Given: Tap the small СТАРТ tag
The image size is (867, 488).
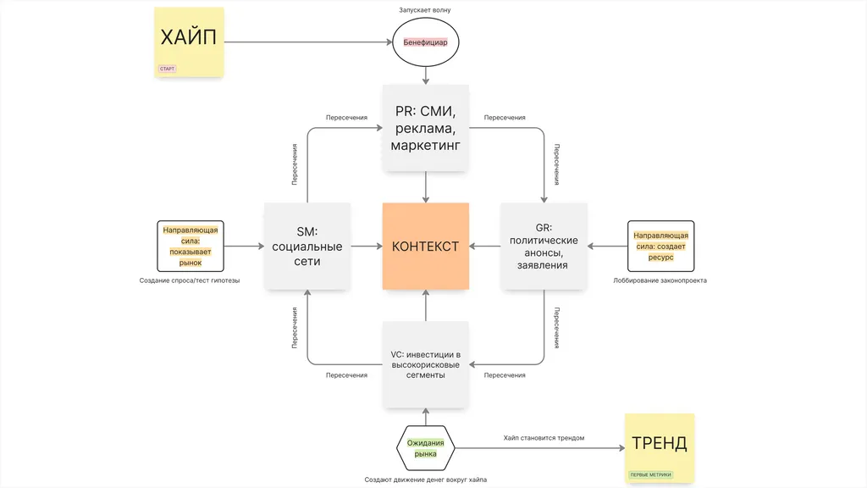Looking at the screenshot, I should (167, 69).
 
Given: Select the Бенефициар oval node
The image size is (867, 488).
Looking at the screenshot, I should (425, 42).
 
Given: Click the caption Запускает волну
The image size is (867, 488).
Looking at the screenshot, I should (425, 10).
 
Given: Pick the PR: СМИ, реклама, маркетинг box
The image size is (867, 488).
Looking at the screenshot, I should (425, 128).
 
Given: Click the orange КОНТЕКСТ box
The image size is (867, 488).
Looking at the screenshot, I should (425, 247).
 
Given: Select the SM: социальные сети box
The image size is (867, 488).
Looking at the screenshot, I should (307, 247).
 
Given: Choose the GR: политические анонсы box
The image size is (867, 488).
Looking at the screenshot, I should (544, 247).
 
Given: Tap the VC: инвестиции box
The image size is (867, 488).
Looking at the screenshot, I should (425, 364).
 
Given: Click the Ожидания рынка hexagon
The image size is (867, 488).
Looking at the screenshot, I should (425, 448).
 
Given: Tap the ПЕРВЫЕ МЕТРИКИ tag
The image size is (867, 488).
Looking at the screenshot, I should (651, 474).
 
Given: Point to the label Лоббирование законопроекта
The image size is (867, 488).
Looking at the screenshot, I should (660, 280).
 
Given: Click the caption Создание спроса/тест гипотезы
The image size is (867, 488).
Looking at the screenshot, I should (190, 280).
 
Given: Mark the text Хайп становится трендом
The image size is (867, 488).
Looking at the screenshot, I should (544, 438).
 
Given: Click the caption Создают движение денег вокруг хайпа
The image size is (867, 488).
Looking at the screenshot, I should (425, 480).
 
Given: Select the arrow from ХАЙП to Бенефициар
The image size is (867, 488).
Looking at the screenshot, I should (309, 42).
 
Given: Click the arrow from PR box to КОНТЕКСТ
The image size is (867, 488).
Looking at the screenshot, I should (425, 186).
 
